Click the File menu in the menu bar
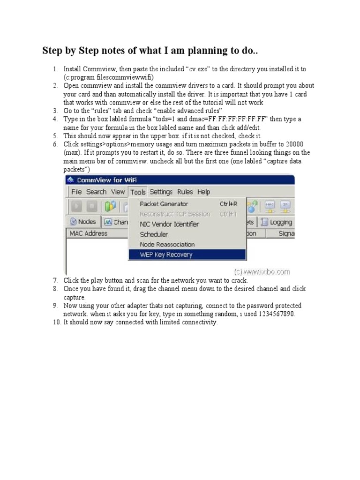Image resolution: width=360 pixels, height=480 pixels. pyautogui.click(x=76, y=192)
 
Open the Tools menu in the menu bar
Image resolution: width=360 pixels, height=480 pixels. pyautogui.click(x=138, y=192)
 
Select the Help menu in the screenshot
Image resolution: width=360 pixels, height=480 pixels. pyautogui.click(x=203, y=192)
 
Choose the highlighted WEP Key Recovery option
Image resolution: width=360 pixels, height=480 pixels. pyautogui.click(x=166, y=255)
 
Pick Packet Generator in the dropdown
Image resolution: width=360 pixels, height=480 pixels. pyautogui.click(x=164, y=204)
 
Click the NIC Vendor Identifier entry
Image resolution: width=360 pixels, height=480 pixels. pyautogui.click(x=169, y=224)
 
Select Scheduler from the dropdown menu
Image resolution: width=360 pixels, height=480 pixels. pyautogui.click(x=154, y=234)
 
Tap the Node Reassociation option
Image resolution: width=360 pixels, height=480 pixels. pyautogui.click(x=167, y=244)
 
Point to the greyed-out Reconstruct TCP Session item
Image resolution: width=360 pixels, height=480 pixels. pyautogui.click(x=175, y=214)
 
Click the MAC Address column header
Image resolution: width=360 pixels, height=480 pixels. pyautogui.click(x=88, y=233)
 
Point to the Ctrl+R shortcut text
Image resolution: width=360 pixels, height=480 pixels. pyautogui.click(x=228, y=204)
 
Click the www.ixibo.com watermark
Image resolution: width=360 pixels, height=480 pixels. pyautogui.click(x=262, y=271)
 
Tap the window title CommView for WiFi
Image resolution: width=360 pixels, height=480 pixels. pyautogui.click(x=106, y=180)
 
